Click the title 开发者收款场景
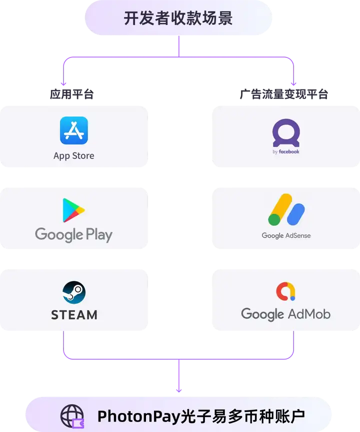tap(178, 18)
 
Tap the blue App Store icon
tap(74, 130)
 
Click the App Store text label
tap(74, 156)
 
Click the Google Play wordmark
tap(74, 235)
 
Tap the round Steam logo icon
tap(74, 292)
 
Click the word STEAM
tap(74, 315)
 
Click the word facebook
tap(289, 152)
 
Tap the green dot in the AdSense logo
tap(274, 219)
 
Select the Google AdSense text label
tap(286, 236)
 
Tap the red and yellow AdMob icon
tap(286, 292)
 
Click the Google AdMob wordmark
tap(286, 314)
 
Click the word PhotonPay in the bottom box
tap(136, 416)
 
